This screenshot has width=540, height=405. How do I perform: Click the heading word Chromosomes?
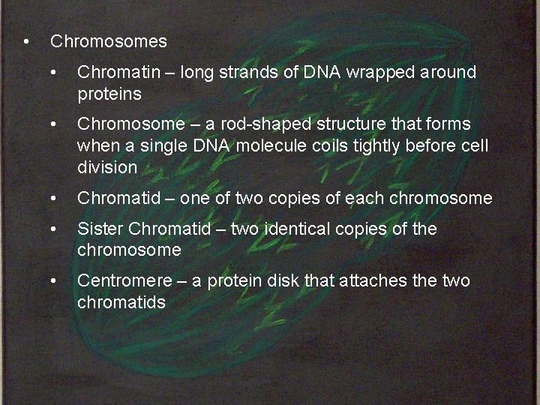click(x=108, y=41)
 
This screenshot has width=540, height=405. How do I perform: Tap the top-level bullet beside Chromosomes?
click(x=26, y=41)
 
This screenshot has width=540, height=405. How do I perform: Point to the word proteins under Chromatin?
click(x=109, y=94)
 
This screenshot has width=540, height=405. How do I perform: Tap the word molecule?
click(x=271, y=145)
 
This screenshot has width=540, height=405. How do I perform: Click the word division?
click(x=107, y=167)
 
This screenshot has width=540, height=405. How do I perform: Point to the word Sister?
click(x=100, y=228)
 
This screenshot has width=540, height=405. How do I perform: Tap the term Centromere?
click(x=124, y=280)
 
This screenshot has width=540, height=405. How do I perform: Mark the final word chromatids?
click(x=121, y=302)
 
